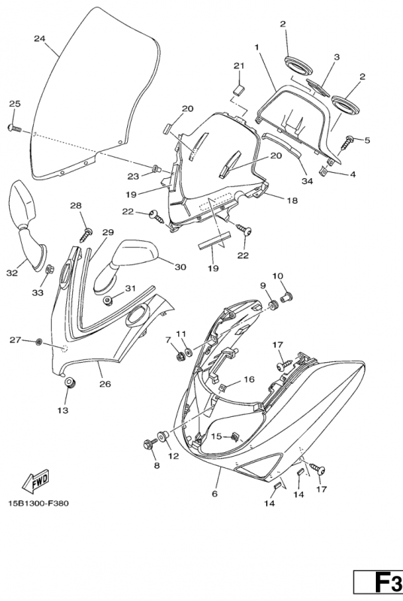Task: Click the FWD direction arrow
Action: tap(35, 481)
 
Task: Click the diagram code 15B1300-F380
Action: tap(38, 503)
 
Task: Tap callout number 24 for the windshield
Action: tap(40, 38)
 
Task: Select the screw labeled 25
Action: tap(14, 128)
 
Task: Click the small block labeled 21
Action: tap(239, 90)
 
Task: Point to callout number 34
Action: tap(308, 181)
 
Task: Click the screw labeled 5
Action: tap(349, 141)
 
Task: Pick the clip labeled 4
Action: tap(323, 170)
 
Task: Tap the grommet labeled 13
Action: tap(69, 382)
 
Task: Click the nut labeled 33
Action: tap(50, 270)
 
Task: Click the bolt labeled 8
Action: tap(150, 444)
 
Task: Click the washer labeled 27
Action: tap(38, 341)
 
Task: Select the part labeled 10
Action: tap(286, 296)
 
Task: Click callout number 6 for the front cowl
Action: tap(215, 494)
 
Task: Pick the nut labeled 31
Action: tap(109, 300)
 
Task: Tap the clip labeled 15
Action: tap(235, 436)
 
